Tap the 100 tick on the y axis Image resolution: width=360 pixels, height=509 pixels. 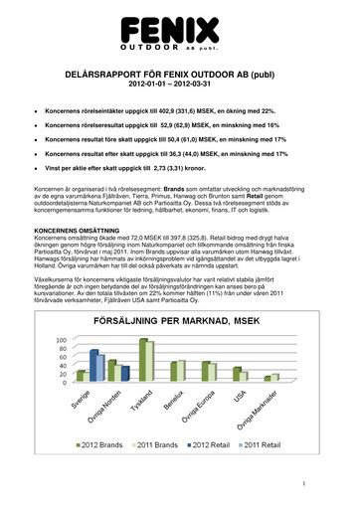pos(62,340)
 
